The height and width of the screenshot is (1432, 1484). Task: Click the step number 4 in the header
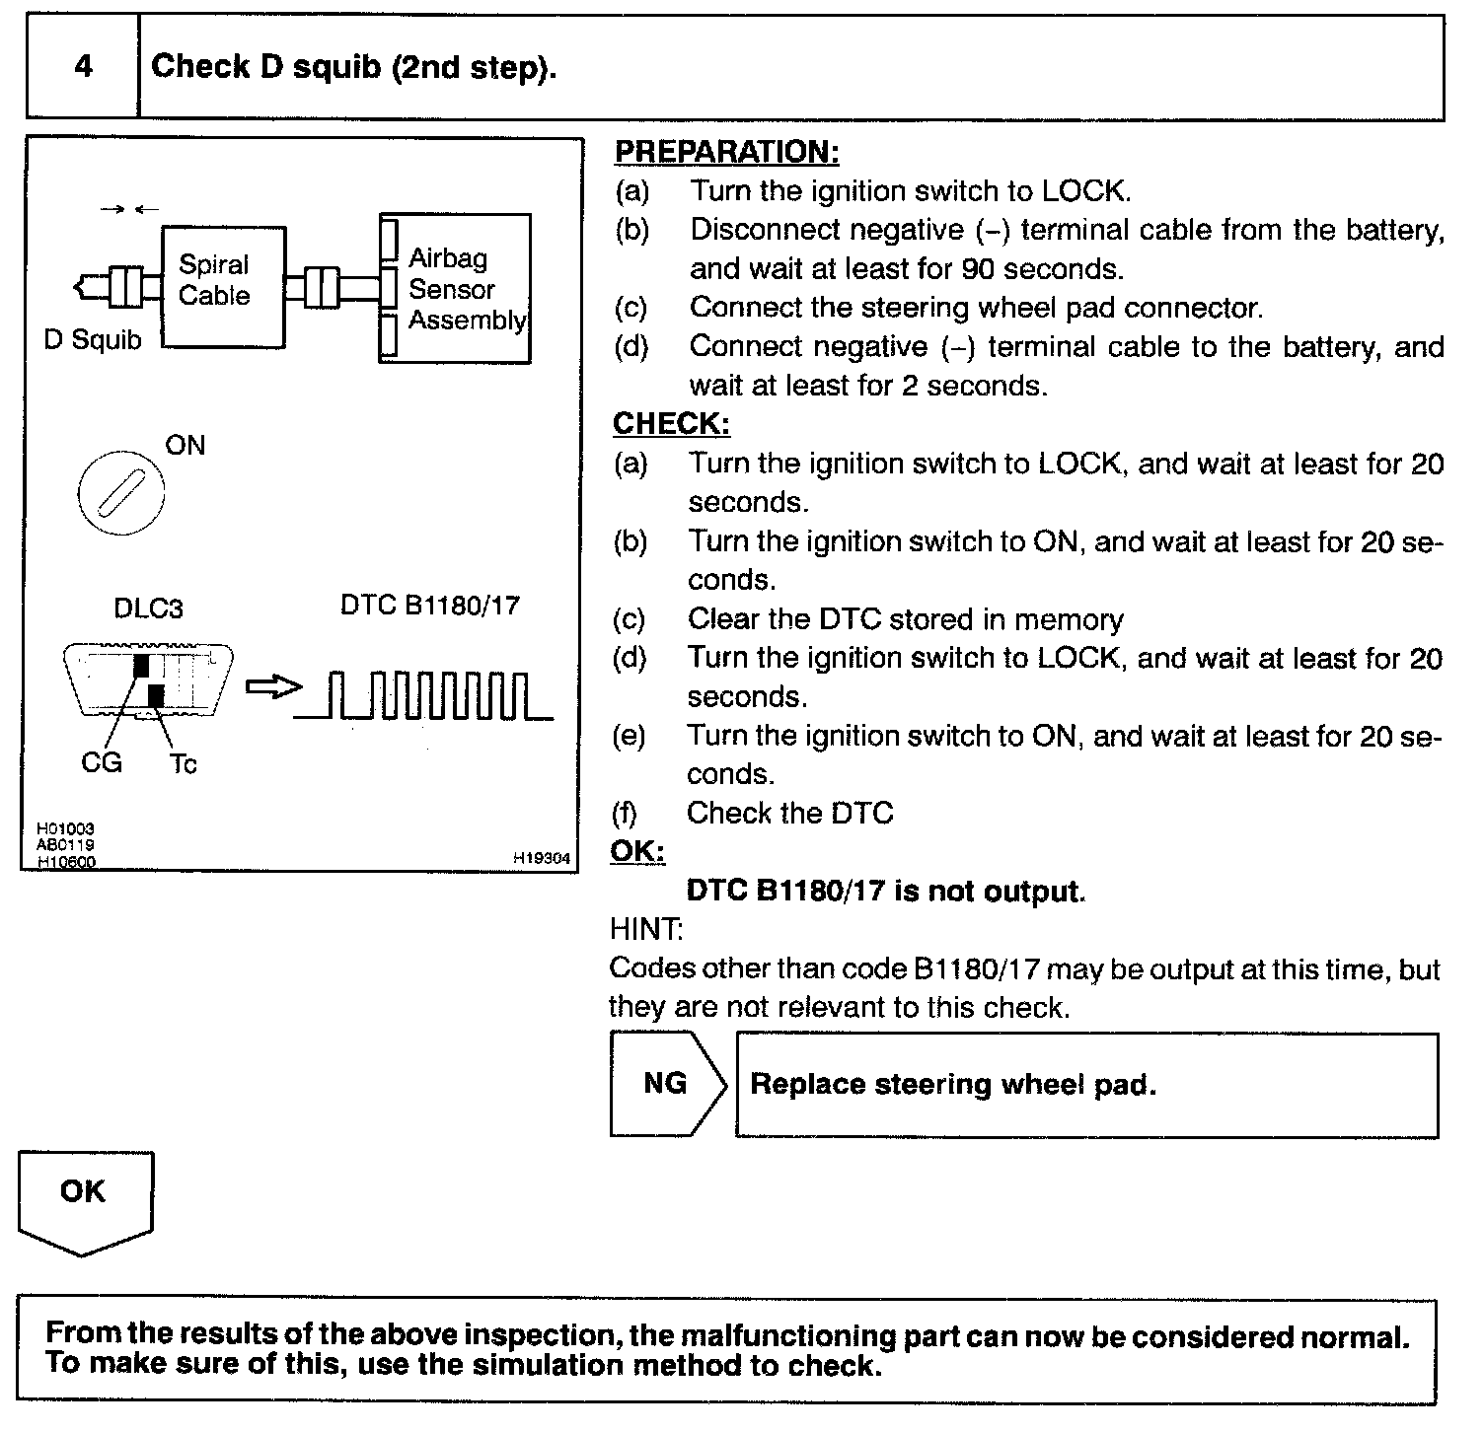tap(83, 67)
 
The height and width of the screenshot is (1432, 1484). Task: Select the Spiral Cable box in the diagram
tap(223, 286)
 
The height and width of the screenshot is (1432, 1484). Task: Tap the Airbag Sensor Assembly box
tap(455, 289)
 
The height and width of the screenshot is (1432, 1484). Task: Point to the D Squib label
tap(93, 340)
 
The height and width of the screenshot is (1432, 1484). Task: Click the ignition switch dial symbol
tap(120, 492)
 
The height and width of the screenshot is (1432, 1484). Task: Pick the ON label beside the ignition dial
tap(185, 446)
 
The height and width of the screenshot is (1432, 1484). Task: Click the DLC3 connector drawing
tap(148, 681)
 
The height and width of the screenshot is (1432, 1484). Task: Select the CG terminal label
tap(101, 762)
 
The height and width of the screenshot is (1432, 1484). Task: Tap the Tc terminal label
tap(183, 763)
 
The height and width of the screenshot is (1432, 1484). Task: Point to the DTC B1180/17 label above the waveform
tap(429, 605)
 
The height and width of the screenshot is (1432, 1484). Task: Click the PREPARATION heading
tap(726, 152)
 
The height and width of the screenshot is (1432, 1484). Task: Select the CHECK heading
tap(671, 424)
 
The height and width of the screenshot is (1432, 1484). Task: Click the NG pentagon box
tap(667, 1084)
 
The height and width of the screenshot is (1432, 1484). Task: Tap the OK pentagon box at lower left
tap(84, 1199)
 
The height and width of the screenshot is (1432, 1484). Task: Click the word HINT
tap(646, 929)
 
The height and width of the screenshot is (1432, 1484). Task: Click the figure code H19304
tap(541, 859)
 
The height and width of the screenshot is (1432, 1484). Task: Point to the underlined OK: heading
tap(637, 851)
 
